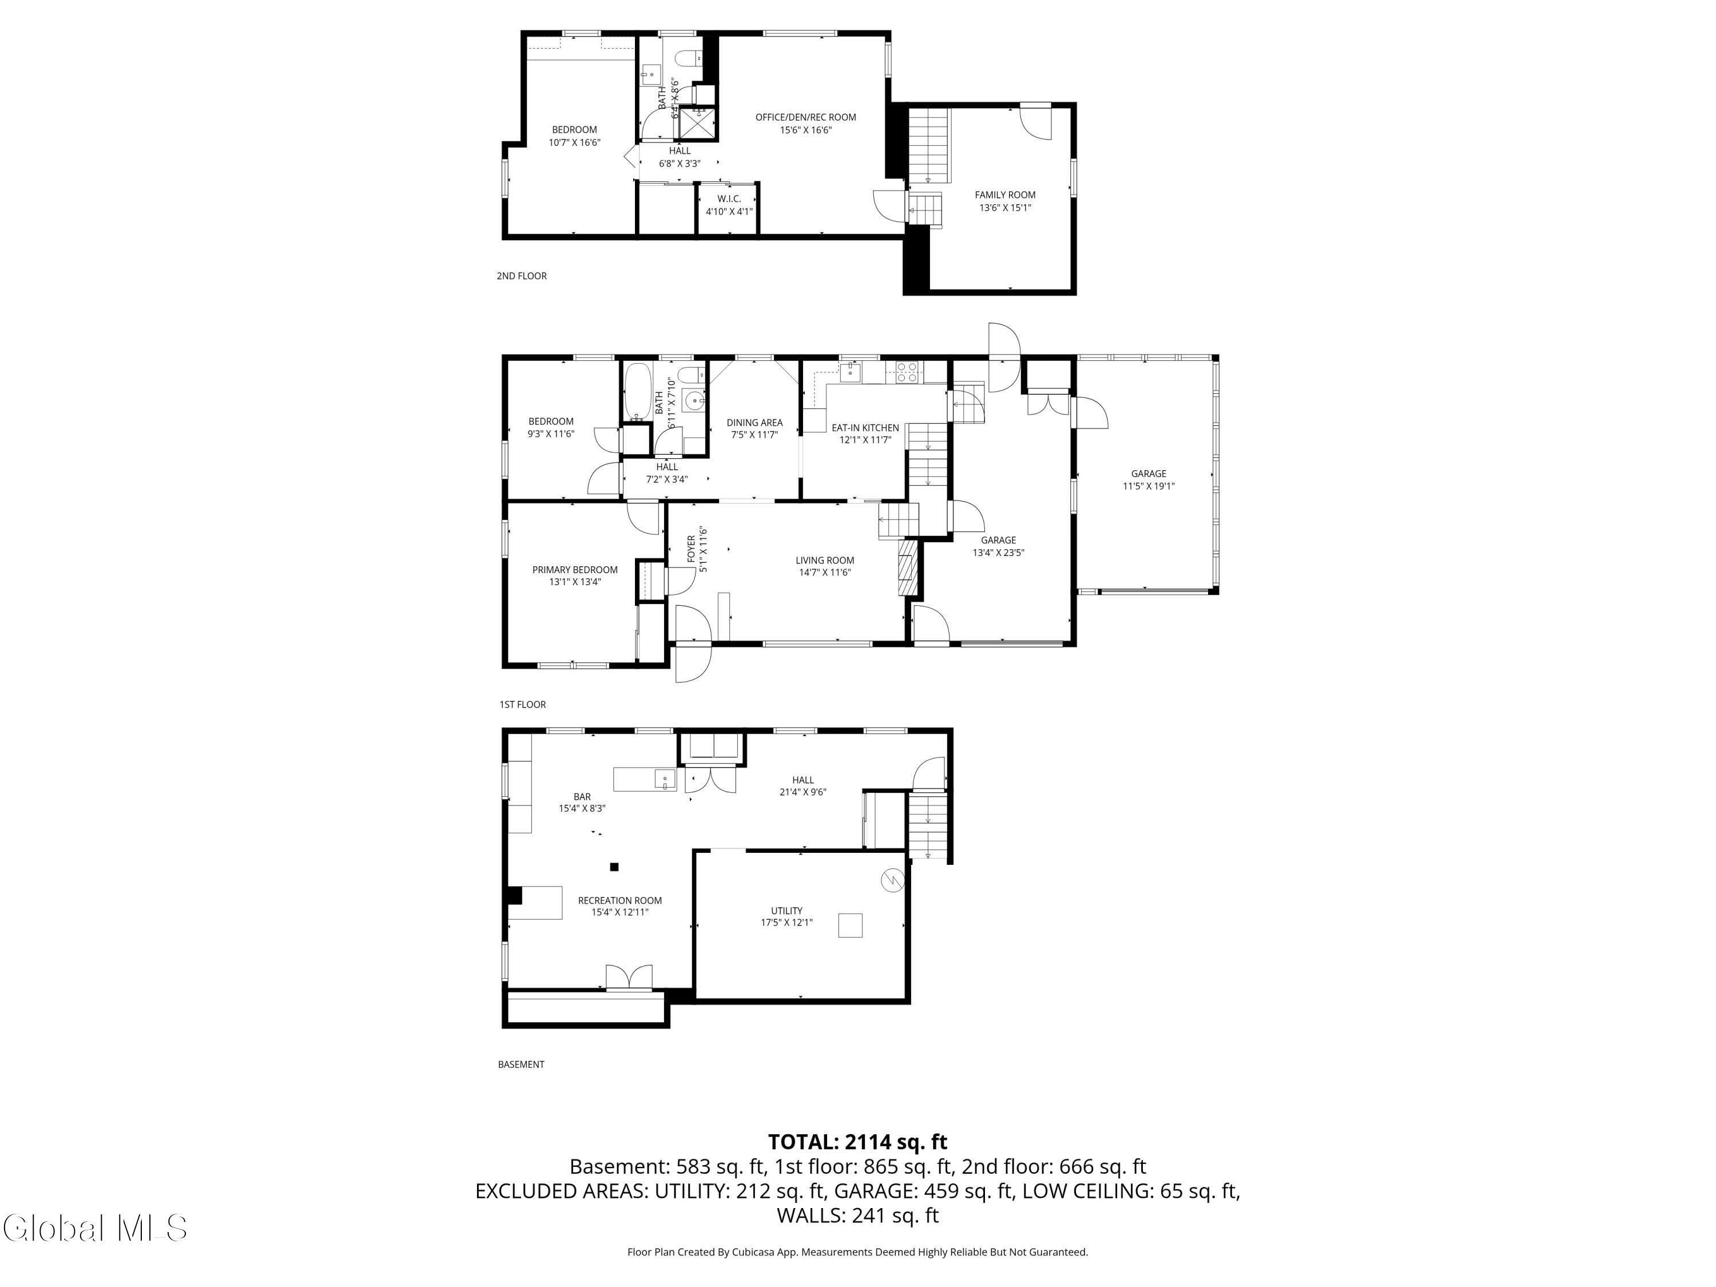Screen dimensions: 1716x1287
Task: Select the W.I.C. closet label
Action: (x=729, y=198)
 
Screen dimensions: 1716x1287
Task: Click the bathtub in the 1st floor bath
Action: (x=638, y=391)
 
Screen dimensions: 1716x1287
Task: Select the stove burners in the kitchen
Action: (x=907, y=373)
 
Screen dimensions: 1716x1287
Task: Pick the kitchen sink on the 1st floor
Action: (x=851, y=372)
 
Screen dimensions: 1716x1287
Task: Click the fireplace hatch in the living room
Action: (x=907, y=569)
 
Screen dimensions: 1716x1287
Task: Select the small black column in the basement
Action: (x=614, y=867)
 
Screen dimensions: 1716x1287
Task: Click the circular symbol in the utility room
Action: (x=893, y=880)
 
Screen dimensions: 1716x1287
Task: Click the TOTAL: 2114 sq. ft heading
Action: (x=857, y=1142)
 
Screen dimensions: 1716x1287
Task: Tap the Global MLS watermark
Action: (x=94, y=1228)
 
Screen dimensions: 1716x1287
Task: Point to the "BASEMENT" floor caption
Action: (x=521, y=1064)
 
